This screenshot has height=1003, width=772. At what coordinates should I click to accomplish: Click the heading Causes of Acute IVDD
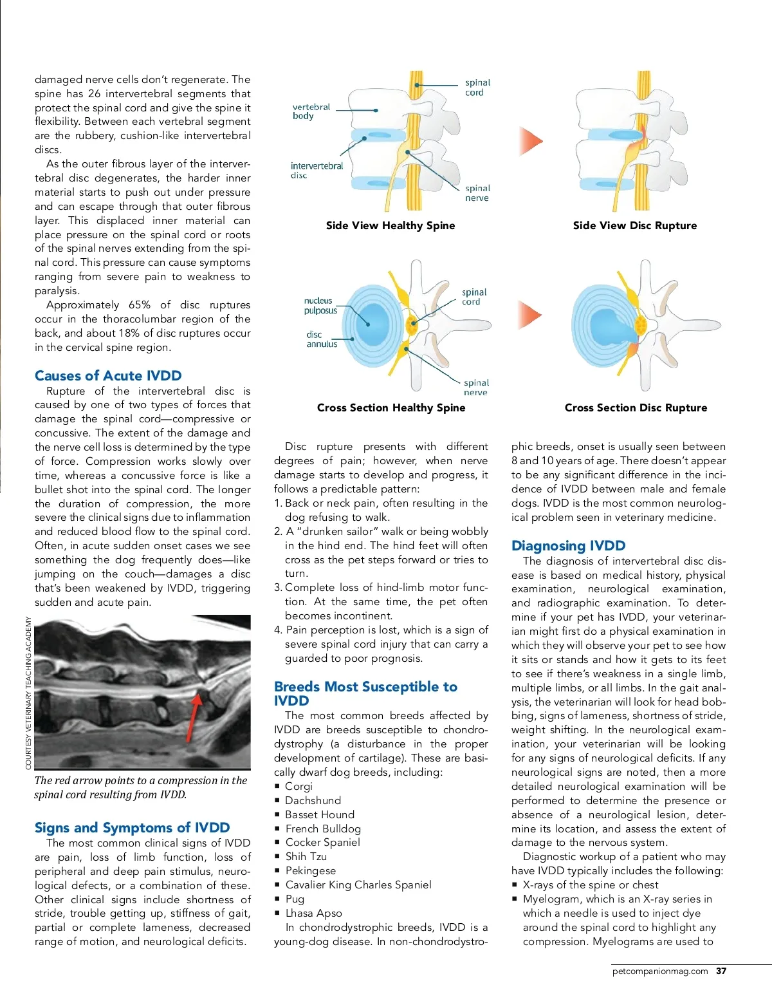pos(108,375)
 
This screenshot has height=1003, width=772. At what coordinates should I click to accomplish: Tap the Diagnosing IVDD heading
pos(568,545)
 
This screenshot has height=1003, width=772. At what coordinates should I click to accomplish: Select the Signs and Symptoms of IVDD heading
pos(132,827)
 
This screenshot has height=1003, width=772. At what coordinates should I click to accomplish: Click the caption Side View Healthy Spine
pos(390,225)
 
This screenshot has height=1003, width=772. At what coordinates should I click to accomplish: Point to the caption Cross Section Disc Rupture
pos(636,408)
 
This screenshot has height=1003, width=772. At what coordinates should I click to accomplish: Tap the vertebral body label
pos(311,111)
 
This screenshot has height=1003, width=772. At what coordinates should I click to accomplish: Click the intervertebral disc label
pos(317,170)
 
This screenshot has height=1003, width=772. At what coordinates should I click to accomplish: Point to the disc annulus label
pos(322,339)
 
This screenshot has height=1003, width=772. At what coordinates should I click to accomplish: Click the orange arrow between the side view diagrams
pos(531,141)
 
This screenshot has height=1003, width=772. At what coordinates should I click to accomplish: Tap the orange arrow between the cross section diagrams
pos(530,315)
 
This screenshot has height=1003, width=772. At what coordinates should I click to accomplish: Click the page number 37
pos(721,971)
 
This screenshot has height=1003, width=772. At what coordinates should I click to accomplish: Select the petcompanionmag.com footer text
pos(659,971)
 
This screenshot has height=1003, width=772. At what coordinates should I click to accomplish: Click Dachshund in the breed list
pos(313,800)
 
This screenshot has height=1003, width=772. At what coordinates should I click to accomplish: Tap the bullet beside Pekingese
pos(277,871)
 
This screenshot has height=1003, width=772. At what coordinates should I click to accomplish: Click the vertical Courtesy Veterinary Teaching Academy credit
pos(28,693)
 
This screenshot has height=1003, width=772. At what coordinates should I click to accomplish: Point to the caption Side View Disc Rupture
pos(634,225)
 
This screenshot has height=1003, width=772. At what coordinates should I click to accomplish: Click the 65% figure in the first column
pos(140,305)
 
